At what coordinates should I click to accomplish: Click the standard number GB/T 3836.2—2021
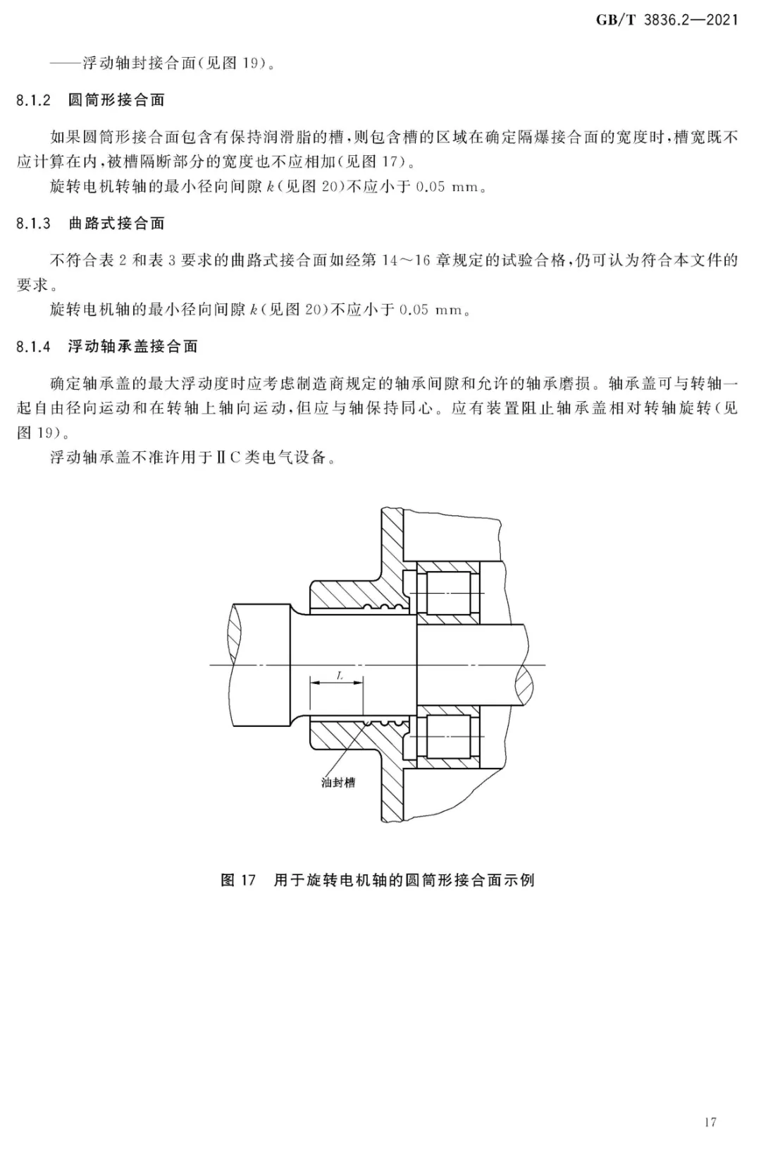point(667,20)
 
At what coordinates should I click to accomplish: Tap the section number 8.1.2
point(34,100)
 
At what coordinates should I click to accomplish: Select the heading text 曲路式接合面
point(116,224)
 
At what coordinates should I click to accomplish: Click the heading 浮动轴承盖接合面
point(133,346)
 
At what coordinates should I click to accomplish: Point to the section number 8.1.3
point(34,224)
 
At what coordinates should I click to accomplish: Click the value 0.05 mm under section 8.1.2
point(447,186)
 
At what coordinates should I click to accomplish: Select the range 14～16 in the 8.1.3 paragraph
point(406,260)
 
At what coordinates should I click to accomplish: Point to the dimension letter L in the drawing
point(340,675)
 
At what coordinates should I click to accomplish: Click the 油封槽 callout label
point(338,783)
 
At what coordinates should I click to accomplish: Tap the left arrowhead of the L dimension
point(314,683)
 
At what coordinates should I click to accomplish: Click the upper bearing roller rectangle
point(448,594)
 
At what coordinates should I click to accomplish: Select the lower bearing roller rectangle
point(448,737)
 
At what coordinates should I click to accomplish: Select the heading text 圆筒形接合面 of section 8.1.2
point(116,100)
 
